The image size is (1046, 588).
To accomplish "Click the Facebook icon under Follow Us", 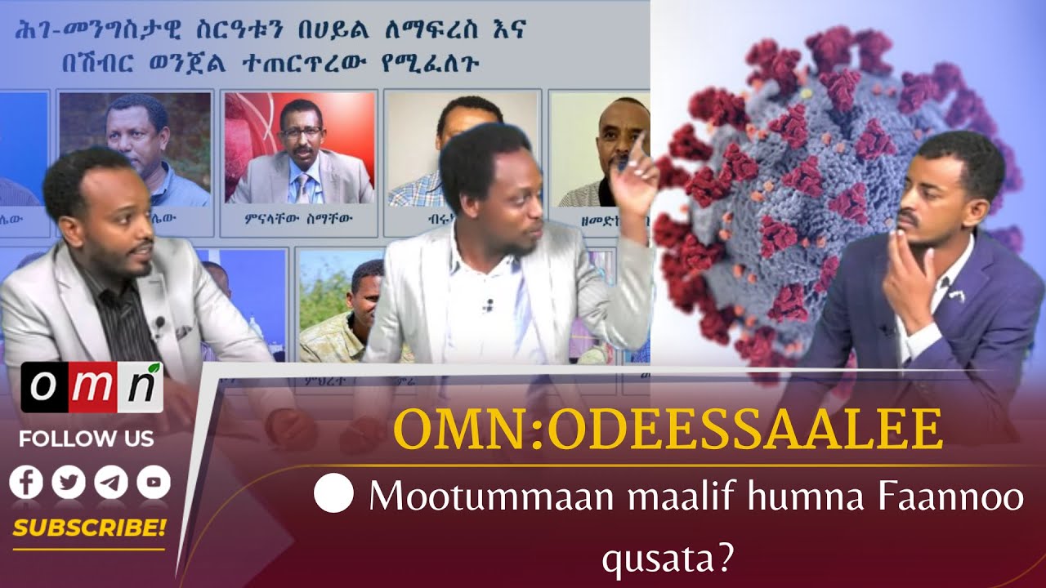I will [26, 482].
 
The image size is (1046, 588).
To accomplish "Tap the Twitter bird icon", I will [69, 482].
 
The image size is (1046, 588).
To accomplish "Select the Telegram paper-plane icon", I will [111, 482].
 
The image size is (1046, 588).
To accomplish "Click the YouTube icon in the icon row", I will [154, 482].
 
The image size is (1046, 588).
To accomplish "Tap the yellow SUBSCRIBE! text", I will [89, 528].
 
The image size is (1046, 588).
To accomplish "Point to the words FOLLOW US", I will [86, 439].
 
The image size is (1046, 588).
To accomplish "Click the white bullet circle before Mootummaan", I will [333, 495].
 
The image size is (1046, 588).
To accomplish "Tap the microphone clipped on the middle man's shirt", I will [488, 305].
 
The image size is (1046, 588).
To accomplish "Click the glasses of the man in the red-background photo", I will [301, 130].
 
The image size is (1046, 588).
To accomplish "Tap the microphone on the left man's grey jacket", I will [159, 323].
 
